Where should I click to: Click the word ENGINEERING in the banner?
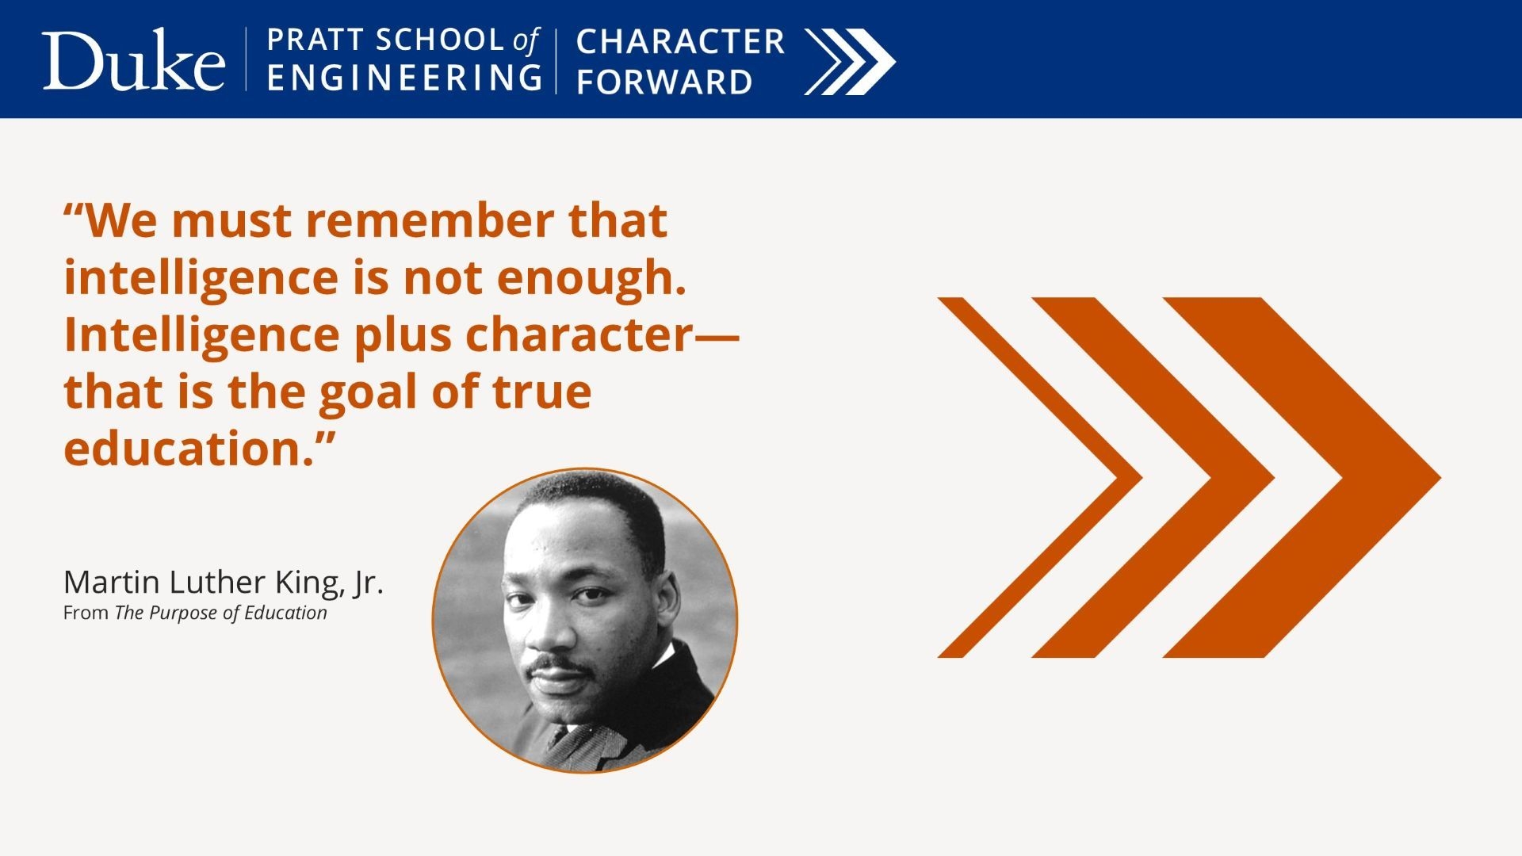click(x=404, y=78)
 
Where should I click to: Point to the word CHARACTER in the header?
click(x=680, y=42)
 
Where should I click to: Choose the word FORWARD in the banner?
click(x=664, y=82)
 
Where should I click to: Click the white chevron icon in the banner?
click(x=850, y=62)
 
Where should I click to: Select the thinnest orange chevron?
click(x=1040, y=477)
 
